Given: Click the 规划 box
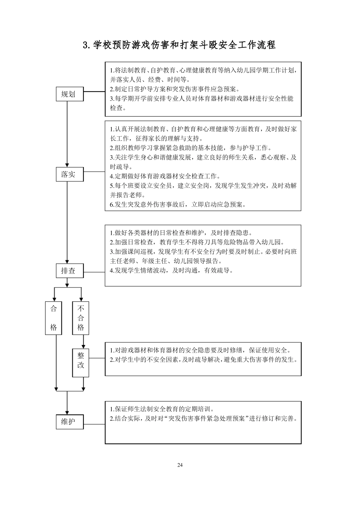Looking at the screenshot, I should (68, 94).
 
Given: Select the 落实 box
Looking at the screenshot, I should (68, 175).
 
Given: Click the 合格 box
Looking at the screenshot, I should (53, 318).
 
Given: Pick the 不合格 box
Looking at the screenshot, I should (81, 318).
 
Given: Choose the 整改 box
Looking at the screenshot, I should (81, 361).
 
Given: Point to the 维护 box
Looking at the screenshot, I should (68, 422).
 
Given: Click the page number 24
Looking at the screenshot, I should (180, 465).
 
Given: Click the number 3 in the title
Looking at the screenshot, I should (85, 45).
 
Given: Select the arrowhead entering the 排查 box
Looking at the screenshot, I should (67, 261).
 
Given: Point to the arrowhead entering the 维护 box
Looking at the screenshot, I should (67, 412).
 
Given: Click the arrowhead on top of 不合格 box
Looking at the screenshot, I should (81, 299).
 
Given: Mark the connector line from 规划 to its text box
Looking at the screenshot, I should (94, 92).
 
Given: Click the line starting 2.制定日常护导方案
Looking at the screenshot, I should (174, 89).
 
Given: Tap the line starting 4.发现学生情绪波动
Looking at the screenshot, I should (171, 270).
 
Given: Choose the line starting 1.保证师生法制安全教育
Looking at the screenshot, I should (162, 409).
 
